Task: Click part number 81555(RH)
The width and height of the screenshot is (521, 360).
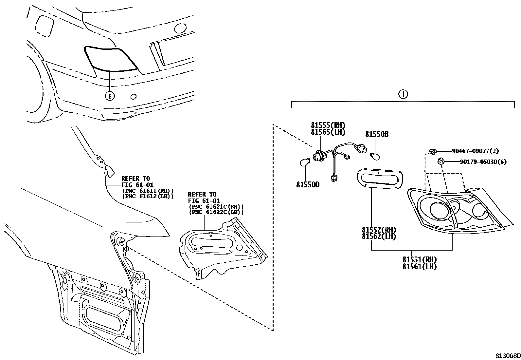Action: (x=328, y=125)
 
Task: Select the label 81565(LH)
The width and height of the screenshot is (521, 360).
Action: (x=328, y=132)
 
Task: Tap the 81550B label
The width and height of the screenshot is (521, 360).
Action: (x=377, y=134)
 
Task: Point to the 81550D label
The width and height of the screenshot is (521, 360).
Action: (x=308, y=185)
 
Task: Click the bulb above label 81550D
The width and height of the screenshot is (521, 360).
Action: (x=305, y=162)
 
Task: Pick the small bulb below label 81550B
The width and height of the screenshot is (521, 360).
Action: (x=375, y=157)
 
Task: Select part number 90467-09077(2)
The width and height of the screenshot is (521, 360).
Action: (x=475, y=151)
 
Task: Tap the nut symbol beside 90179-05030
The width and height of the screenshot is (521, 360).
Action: (x=441, y=161)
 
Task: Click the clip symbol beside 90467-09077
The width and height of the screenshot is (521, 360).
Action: (x=432, y=151)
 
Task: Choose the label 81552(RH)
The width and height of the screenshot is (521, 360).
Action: (x=379, y=230)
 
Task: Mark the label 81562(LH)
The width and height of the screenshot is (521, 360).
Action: (x=379, y=236)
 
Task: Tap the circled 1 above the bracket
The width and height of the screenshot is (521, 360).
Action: (x=403, y=95)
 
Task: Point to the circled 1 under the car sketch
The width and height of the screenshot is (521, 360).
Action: (x=110, y=96)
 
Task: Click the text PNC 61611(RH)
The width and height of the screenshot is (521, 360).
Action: (x=148, y=191)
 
